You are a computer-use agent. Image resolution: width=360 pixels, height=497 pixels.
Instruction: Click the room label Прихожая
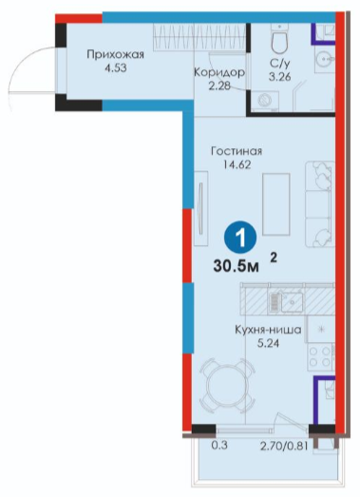115,55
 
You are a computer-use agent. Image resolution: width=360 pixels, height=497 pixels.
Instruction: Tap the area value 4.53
115,68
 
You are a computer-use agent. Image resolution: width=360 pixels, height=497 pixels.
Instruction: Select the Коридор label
219,72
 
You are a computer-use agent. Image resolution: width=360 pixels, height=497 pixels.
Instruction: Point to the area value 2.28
219,86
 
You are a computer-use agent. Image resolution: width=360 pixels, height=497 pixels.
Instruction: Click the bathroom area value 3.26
280,77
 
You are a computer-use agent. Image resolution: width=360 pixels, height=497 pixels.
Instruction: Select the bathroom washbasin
325,59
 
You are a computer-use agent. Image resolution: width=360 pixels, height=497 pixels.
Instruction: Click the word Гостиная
237,151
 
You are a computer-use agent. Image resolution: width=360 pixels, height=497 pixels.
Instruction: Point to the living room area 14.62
237,164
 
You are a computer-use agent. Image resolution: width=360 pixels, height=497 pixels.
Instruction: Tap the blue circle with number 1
240,237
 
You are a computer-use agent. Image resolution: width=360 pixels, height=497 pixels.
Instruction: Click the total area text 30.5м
237,267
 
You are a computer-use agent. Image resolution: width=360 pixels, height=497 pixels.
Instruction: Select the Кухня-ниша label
268,330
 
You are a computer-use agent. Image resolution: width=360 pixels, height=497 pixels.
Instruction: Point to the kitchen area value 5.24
268,343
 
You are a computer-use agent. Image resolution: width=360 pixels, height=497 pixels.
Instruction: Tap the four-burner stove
321,356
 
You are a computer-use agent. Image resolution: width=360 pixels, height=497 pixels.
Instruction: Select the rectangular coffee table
276,204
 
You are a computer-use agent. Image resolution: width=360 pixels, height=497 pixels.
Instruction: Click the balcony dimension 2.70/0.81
284,447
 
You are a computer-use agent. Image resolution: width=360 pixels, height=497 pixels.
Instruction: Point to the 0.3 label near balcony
219,446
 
